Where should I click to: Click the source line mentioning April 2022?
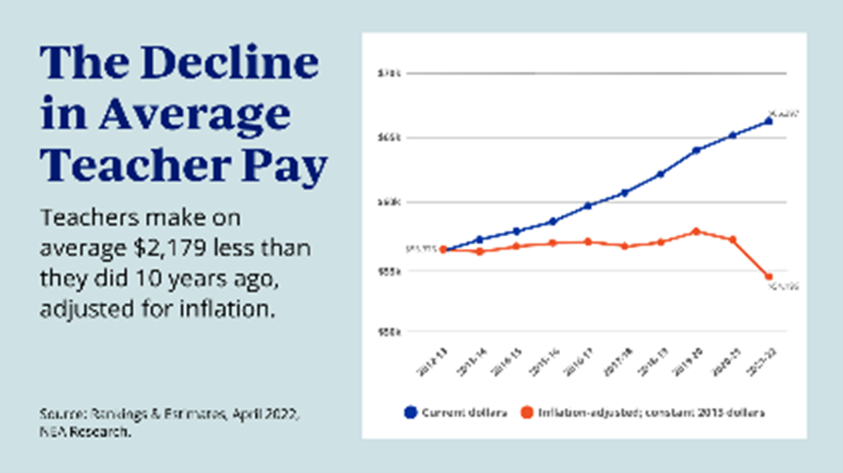point(169,415)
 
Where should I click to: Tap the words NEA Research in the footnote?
point(86,434)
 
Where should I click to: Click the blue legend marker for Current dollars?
point(410,413)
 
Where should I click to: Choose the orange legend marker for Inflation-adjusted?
point(526,413)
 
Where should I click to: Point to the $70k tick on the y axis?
point(388,73)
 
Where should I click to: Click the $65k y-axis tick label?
point(388,137)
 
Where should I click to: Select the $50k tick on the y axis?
point(388,331)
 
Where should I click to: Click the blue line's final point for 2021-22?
point(769,121)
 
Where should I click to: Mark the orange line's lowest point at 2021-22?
point(769,277)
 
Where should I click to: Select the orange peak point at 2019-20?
point(696,231)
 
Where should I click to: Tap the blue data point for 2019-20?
point(696,150)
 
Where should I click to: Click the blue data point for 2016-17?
point(588,205)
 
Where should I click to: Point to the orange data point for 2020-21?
point(732,239)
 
